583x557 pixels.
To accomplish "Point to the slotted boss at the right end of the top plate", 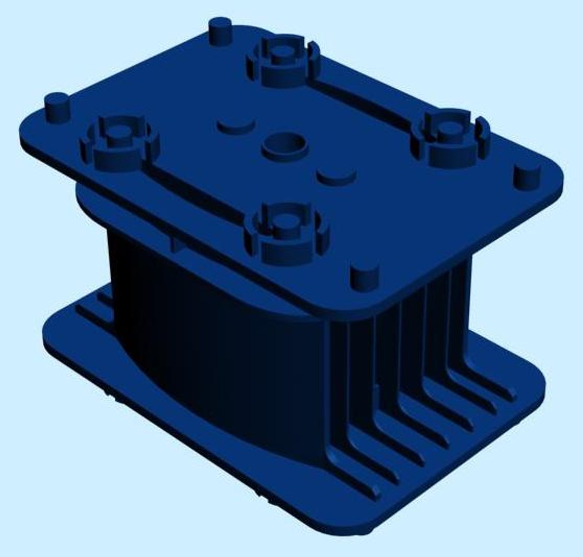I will [449, 137].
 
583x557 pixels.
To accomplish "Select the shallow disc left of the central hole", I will [236, 125].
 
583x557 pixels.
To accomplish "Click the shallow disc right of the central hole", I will [337, 175].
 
